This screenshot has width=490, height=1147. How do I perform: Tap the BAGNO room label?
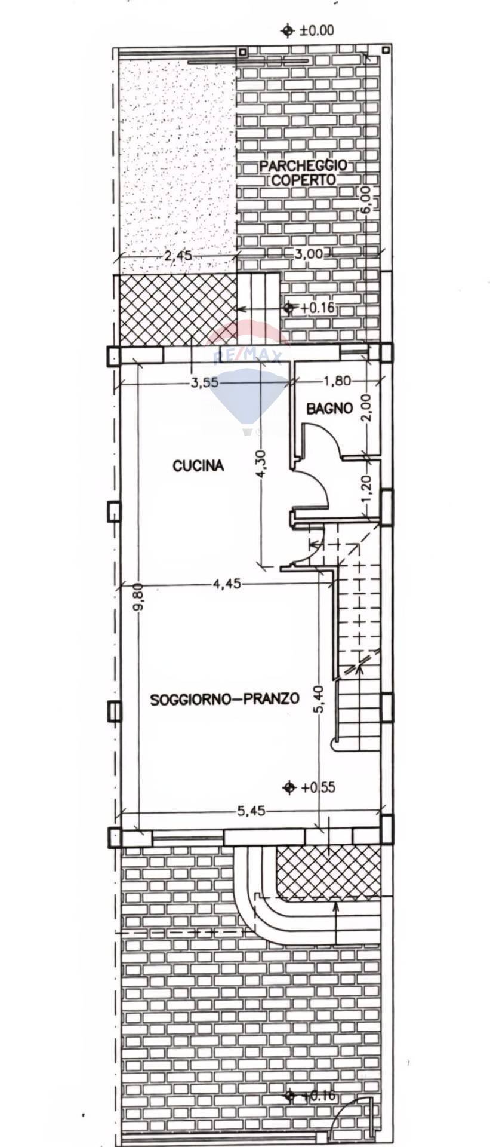coord(329,409)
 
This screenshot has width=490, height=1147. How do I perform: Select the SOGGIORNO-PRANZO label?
coord(224,698)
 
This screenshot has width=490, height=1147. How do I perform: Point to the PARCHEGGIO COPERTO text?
coord(303,173)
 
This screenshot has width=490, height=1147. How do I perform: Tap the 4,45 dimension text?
coord(227,584)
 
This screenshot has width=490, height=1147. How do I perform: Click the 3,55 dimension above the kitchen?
coord(205,383)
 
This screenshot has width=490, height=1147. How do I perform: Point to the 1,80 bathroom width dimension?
coord(337,380)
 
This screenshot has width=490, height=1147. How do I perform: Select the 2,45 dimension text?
coord(178,256)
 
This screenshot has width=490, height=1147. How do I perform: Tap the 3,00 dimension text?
coord(309,254)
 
